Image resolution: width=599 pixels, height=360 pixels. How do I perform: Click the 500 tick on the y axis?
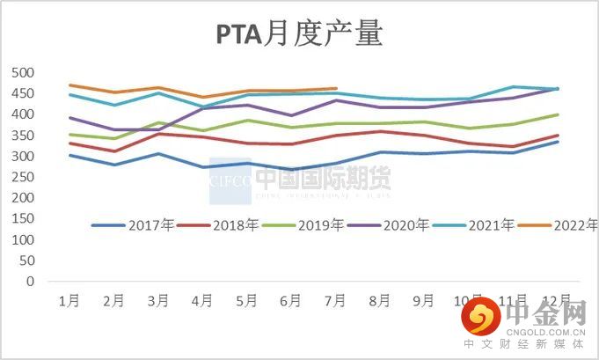[21, 73]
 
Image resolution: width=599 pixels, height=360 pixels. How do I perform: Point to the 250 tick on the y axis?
[21, 178]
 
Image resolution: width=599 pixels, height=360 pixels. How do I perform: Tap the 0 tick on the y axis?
[29, 282]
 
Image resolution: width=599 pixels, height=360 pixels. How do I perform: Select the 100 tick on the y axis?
[21, 240]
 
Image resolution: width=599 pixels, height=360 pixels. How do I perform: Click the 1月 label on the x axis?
[69, 300]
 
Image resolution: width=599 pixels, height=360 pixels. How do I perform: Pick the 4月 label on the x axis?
[202, 300]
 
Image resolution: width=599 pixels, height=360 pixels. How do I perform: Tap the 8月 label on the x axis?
[380, 300]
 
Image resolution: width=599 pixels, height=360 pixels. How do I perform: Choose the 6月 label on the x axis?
[291, 300]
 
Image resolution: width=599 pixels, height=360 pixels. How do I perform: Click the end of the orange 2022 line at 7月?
[336, 88]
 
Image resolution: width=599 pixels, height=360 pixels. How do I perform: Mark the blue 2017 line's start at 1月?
[69, 155]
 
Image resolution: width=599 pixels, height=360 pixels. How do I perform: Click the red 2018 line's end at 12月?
[558, 136]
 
